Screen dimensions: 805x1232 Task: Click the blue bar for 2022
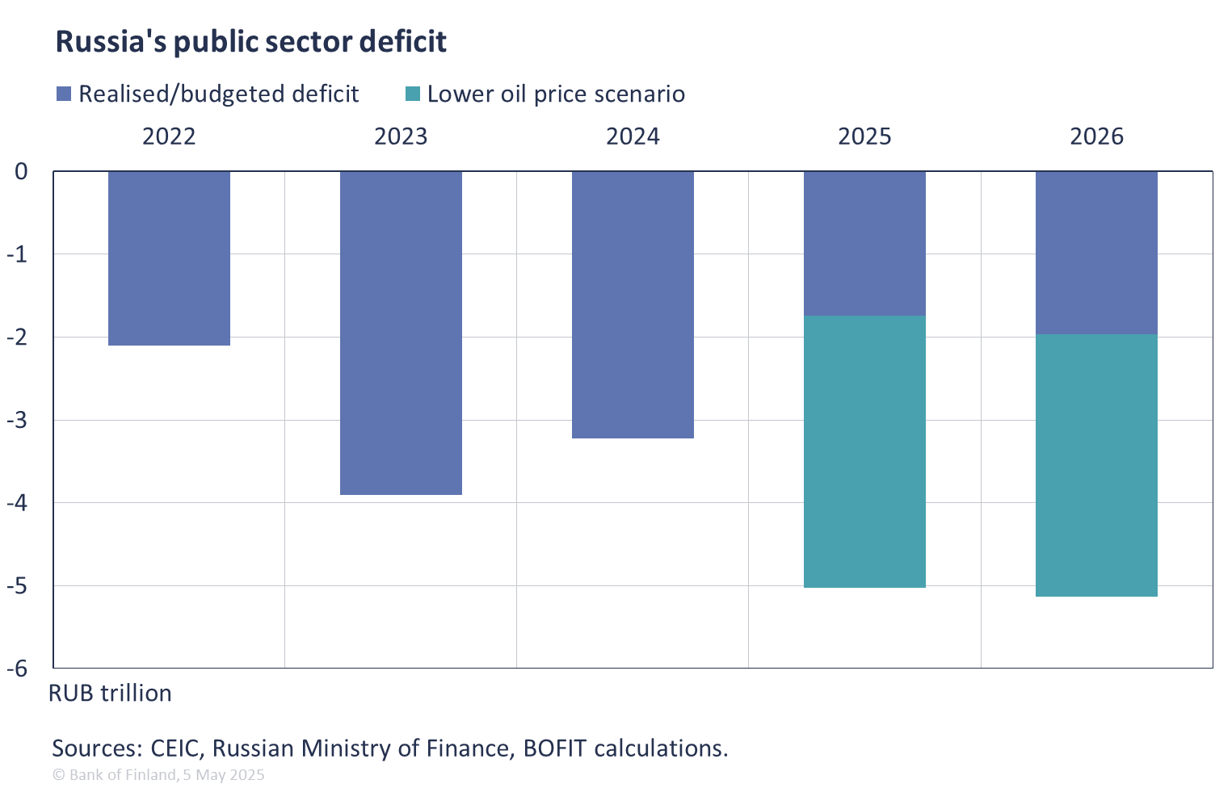tap(169, 258)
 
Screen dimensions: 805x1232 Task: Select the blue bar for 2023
tap(401, 333)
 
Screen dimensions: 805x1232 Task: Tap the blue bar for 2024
tap(633, 305)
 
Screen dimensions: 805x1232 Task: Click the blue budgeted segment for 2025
tap(864, 243)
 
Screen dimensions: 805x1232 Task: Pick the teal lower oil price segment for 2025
tap(864, 451)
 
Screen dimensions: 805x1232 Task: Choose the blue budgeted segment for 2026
tap(1096, 253)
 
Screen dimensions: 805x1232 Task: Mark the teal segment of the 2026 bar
tap(1096, 465)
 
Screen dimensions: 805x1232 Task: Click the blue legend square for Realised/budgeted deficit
tap(64, 94)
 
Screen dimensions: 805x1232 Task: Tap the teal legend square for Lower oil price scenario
tap(412, 94)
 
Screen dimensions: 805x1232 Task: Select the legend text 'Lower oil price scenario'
tap(556, 94)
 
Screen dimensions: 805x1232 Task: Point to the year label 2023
tap(401, 136)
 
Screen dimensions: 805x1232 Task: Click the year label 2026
tap(1096, 136)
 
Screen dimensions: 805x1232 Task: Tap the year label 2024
tap(633, 136)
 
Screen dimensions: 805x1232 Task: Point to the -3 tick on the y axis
tap(18, 420)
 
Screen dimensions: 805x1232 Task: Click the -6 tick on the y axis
tap(18, 669)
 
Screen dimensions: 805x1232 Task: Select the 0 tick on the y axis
tap(22, 171)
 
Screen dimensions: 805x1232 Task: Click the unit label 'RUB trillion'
tap(110, 694)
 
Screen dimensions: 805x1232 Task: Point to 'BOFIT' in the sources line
tap(554, 748)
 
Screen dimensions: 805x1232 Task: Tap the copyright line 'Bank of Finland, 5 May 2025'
tap(158, 775)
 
